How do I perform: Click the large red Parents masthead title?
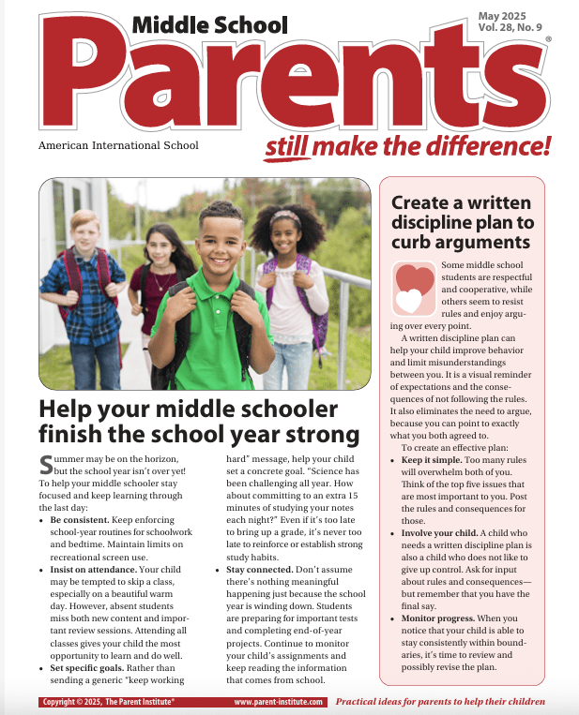click(x=282, y=89)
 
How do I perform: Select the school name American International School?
click(x=118, y=146)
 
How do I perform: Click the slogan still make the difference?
click(x=406, y=146)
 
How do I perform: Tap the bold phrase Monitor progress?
click(x=441, y=618)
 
